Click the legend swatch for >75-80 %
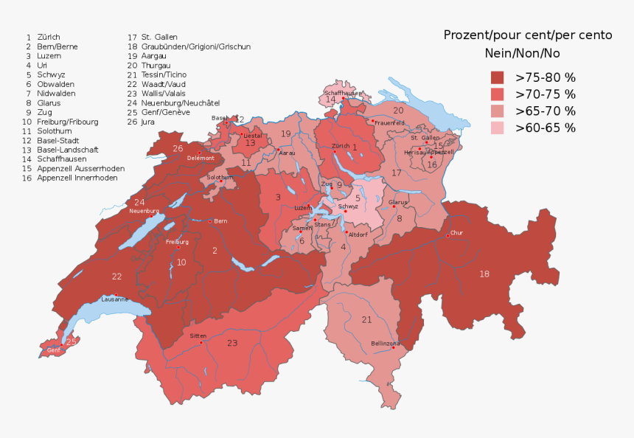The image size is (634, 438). (497, 77)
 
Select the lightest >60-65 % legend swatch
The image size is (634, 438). (497, 128)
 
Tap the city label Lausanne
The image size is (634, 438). (114, 299)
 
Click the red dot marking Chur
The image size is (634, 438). (447, 236)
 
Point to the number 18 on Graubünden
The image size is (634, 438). (484, 274)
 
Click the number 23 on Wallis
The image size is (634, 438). (232, 343)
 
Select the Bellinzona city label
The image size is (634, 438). (385, 344)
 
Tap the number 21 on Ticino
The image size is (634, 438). (366, 319)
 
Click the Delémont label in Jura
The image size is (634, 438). (201, 158)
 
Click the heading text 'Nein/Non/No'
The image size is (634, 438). (522, 52)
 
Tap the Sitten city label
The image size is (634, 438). (198, 336)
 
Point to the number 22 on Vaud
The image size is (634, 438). (116, 277)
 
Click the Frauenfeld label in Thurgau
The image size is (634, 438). (389, 122)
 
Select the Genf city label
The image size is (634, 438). (54, 350)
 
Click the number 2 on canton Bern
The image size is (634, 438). (215, 251)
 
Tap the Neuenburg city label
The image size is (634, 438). (144, 211)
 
